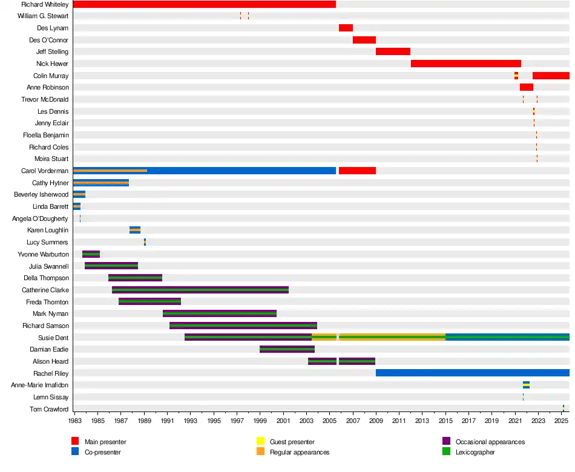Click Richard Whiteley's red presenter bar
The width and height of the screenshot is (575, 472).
tap(204, 4)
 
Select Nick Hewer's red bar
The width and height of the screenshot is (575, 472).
tap(465, 64)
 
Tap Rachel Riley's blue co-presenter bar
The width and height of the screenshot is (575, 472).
tap(472, 373)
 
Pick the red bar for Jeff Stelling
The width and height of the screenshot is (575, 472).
tap(393, 51)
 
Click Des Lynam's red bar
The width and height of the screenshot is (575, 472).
tap(346, 28)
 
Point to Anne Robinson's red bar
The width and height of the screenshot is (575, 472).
tap(526, 87)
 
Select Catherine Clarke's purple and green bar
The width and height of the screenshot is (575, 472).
tap(200, 290)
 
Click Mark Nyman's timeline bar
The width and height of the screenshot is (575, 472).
tap(220, 313)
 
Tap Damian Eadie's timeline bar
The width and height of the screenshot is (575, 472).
tap(287, 349)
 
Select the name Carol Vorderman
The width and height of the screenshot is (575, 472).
tap(45, 171)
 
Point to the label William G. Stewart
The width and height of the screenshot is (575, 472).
tap(43, 16)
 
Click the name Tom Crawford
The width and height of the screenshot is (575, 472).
tap(49, 409)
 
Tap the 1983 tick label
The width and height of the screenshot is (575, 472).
tap(75, 420)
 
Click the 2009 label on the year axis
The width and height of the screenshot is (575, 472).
tap(376, 420)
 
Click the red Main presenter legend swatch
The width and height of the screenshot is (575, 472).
tap(75, 442)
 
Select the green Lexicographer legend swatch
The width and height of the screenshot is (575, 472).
tap(447, 451)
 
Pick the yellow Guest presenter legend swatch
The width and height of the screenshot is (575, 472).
tap(261, 442)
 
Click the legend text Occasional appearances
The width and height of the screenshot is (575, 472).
tap(490, 442)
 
